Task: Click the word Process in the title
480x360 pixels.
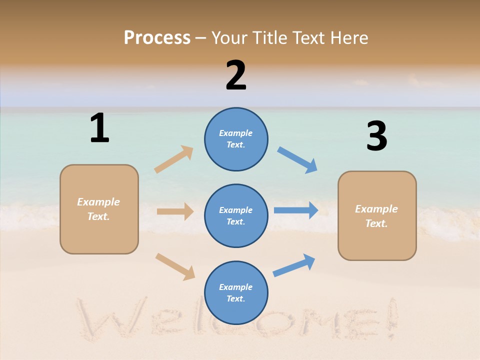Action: tap(157, 38)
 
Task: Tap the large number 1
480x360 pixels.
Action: tap(99, 128)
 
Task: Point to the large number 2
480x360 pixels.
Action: tap(236, 75)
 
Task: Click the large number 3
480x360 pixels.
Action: tap(376, 136)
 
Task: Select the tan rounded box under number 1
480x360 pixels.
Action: tap(99, 209)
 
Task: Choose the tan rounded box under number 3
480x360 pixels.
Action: tap(377, 216)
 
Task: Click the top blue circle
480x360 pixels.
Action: tap(236, 139)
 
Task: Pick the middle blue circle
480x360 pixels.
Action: tap(236, 216)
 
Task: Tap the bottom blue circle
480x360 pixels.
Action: tap(236, 293)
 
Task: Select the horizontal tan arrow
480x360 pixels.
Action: tap(175, 211)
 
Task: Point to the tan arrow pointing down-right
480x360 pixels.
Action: tap(175, 266)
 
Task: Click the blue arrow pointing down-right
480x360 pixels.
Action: tap(297, 160)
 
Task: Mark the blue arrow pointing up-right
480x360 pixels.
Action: tap(294, 265)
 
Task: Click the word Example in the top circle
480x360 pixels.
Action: tap(235, 133)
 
